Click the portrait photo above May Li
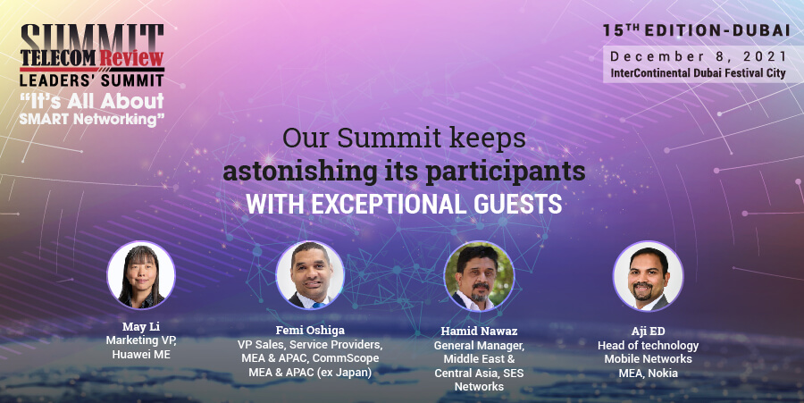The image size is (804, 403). click(141, 275)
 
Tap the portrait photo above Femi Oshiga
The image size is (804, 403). click(310, 275)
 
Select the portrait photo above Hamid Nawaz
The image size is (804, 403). click(479, 276)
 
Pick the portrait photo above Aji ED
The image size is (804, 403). click(649, 276)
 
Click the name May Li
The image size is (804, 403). click(141, 327)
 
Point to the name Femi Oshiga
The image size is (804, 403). click(310, 331)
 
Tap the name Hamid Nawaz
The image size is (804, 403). click(479, 332)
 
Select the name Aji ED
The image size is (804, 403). click(649, 332)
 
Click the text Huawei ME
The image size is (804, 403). click(141, 354)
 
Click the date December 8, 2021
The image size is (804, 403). click(698, 56)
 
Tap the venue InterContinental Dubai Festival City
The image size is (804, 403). click(698, 72)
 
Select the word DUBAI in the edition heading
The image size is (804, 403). click(761, 30)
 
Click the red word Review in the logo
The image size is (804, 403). click(131, 58)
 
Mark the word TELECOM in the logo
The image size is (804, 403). click(59, 58)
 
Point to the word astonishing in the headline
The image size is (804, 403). click(300, 172)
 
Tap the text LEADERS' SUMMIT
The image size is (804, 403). click(92, 80)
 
